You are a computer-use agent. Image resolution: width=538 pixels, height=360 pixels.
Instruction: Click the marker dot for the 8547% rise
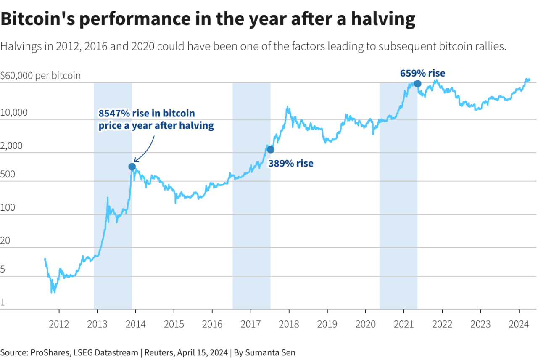pyautogui.click(x=132, y=167)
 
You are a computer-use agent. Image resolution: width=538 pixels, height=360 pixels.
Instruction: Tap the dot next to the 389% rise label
pyautogui.click(x=270, y=149)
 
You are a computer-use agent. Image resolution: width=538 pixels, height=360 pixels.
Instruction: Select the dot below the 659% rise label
pyautogui.click(x=417, y=84)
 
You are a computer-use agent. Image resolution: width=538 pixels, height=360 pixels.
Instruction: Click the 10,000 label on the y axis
pyautogui.click(x=14, y=113)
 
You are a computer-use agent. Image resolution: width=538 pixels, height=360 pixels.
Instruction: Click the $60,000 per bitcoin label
pyautogui.click(x=40, y=76)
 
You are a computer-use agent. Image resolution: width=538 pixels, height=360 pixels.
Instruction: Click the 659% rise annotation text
pyautogui.click(x=422, y=74)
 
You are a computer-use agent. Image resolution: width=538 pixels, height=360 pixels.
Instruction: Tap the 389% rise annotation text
pyautogui.click(x=291, y=164)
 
